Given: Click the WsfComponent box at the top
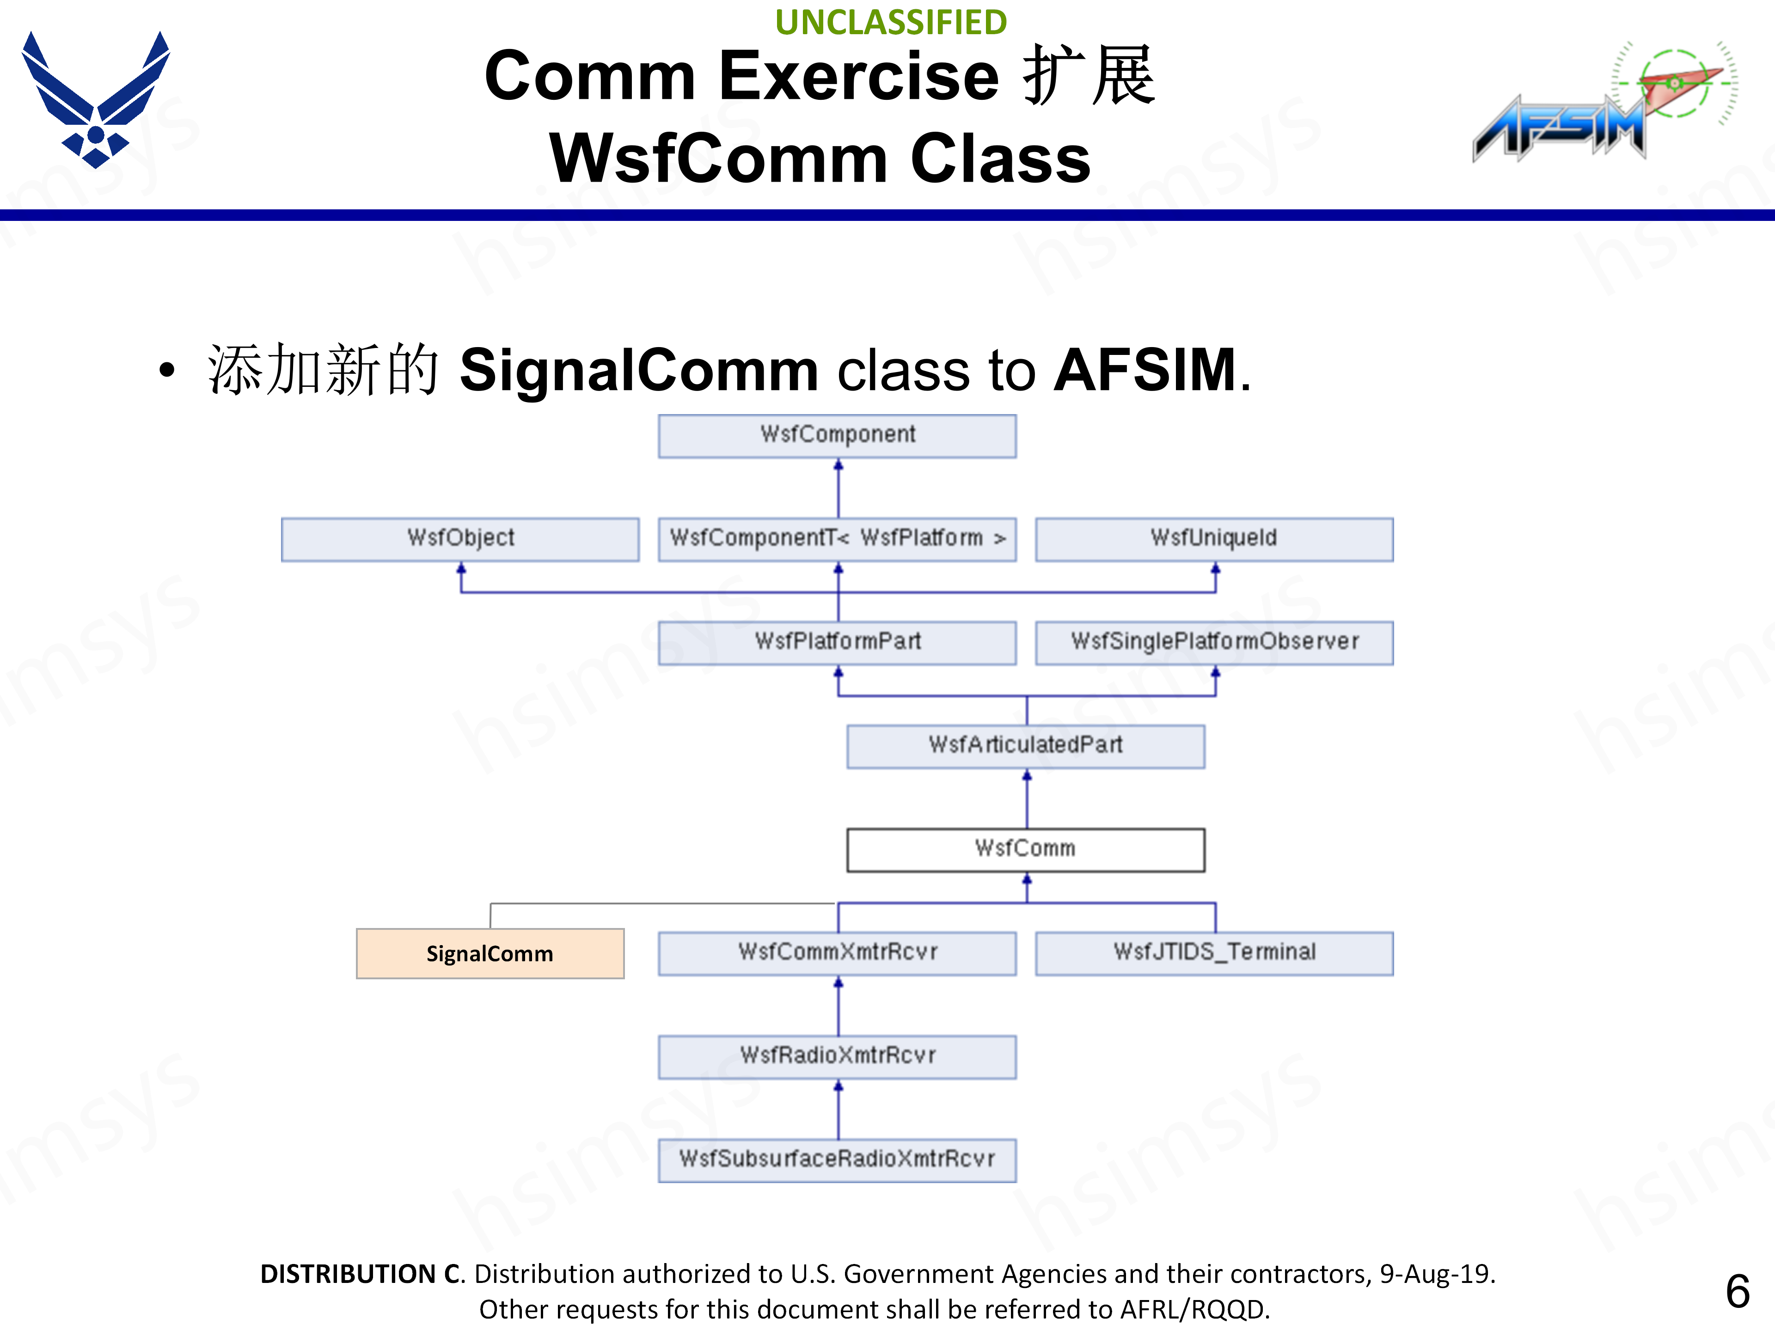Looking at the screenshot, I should tap(837, 436).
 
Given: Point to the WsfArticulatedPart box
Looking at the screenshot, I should tap(1026, 746).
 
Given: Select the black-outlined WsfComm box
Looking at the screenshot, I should tap(1026, 849).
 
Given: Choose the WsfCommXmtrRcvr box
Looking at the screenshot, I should tap(837, 953).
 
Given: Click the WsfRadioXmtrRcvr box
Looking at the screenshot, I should tap(837, 1056).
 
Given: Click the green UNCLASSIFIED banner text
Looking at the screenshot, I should tap(891, 22).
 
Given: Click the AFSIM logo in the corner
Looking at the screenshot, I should tap(1601, 104).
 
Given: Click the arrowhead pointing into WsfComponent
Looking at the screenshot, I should tap(839, 464).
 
